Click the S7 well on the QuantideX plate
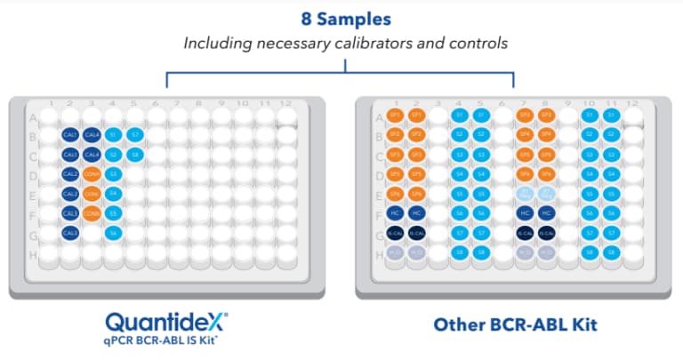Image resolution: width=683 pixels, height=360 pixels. (x=134, y=135)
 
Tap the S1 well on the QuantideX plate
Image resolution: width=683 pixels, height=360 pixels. (x=113, y=135)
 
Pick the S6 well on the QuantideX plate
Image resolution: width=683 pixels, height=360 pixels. (x=113, y=232)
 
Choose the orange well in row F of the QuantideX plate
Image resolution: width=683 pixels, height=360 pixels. (x=92, y=213)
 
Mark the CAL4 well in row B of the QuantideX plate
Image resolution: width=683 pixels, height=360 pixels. (x=92, y=135)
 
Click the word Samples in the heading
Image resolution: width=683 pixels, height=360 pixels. (x=364, y=18)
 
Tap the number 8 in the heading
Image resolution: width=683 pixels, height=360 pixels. (x=307, y=18)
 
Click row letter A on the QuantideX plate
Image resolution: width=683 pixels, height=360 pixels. (x=33, y=116)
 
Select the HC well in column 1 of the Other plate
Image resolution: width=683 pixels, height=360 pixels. (x=395, y=213)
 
